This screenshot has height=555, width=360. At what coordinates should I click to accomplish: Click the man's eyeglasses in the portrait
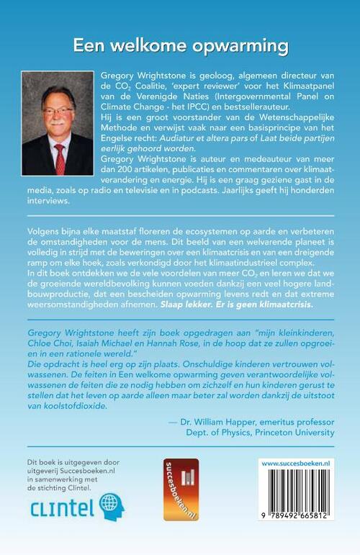pos(59,112)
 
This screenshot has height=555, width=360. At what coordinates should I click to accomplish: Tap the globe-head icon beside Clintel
pos(112,507)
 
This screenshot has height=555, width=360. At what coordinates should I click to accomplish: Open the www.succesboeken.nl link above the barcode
pos(294,464)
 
